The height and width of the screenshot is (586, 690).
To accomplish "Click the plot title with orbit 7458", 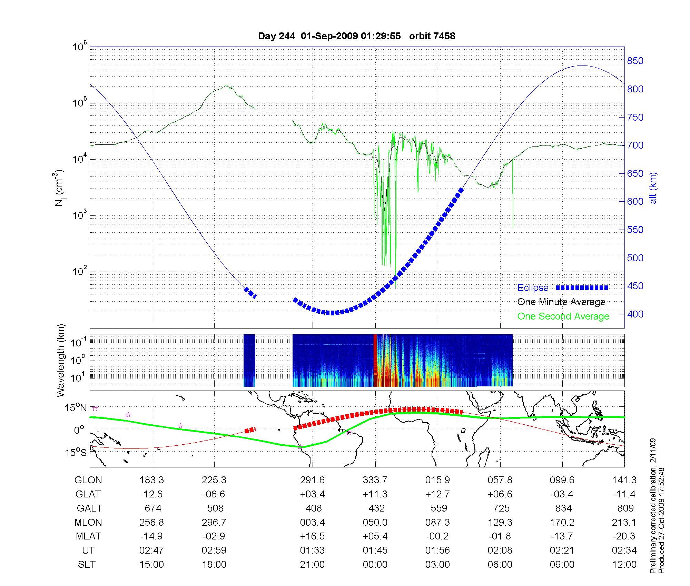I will pyautogui.click(x=356, y=36).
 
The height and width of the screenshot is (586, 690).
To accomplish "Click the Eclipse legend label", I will pyautogui.click(x=533, y=288).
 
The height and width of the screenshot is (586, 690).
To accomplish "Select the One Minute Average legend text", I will pyautogui.click(x=561, y=302).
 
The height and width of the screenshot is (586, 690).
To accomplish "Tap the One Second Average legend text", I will pyautogui.click(x=563, y=316).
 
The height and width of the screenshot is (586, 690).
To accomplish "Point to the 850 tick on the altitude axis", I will pyautogui.click(x=635, y=61).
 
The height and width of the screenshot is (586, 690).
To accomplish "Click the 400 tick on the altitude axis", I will pyautogui.click(x=635, y=314).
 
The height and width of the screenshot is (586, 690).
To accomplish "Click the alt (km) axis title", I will pyautogui.click(x=653, y=188).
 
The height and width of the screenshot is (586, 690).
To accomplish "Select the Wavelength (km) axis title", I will pyautogui.click(x=61, y=360).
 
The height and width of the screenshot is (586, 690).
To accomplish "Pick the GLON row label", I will pyautogui.click(x=88, y=480).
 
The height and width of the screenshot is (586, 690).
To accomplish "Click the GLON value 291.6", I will pyautogui.click(x=312, y=480).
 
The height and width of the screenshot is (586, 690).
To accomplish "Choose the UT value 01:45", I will pyautogui.click(x=375, y=550).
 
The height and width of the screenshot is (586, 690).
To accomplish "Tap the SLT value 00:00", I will pyautogui.click(x=375, y=565).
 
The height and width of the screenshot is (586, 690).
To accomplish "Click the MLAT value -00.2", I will pyautogui.click(x=437, y=536).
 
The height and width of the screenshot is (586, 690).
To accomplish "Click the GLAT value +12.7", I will pyautogui.click(x=437, y=494).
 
